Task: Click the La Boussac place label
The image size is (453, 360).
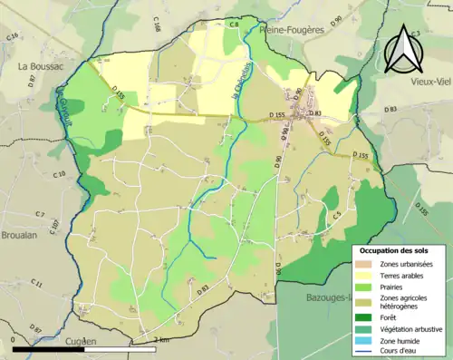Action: (38, 66)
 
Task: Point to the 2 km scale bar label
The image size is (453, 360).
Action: (161, 339)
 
